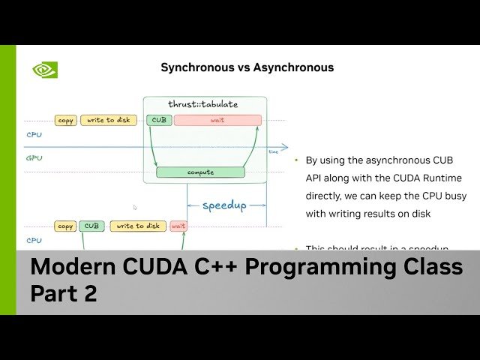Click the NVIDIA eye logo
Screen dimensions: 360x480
(x=44, y=70)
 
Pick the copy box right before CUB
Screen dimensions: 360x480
(x=65, y=226)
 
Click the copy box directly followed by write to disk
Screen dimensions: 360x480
(x=65, y=120)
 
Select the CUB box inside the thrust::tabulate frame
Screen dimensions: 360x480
(x=159, y=120)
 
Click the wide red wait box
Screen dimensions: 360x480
(x=217, y=120)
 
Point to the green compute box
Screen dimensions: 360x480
(x=200, y=172)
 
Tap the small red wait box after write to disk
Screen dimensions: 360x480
(x=178, y=226)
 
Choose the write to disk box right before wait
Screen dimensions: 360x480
(x=137, y=226)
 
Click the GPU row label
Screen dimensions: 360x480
(x=34, y=159)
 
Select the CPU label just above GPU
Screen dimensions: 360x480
(x=34, y=136)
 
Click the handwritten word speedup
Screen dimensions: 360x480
(x=224, y=205)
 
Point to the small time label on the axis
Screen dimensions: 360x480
(x=273, y=152)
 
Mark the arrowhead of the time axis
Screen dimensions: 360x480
(x=285, y=147)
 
